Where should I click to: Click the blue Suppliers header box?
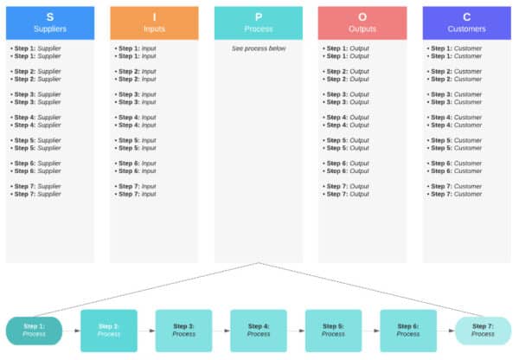tap(50, 22)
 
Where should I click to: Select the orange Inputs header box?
tap(154, 22)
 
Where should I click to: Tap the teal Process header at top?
tap(259, 22)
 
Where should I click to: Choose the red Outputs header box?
tap(362, 22)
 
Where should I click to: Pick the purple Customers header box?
tap(467, 22)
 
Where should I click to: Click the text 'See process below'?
tap(259, 48)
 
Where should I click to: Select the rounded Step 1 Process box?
tap(34, 330)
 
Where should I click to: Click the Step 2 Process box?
tap(109, 330)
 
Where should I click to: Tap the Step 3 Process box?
tap(183, 330)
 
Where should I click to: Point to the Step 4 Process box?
tap(259, 330)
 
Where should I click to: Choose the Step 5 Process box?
tap(333, 330)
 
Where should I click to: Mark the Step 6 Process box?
tap(408, 330)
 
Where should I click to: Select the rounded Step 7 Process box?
tap(483, 330)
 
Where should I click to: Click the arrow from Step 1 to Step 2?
tap(71, 331)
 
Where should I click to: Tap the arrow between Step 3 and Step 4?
tap(221, 331)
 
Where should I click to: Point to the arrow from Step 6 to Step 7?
tap(445, 331)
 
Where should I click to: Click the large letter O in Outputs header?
tap(362, 16)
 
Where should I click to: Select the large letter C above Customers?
tap(467, 16)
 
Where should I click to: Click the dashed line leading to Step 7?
tap(372, 290)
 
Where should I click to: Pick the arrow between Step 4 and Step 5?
tap(296, 331)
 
